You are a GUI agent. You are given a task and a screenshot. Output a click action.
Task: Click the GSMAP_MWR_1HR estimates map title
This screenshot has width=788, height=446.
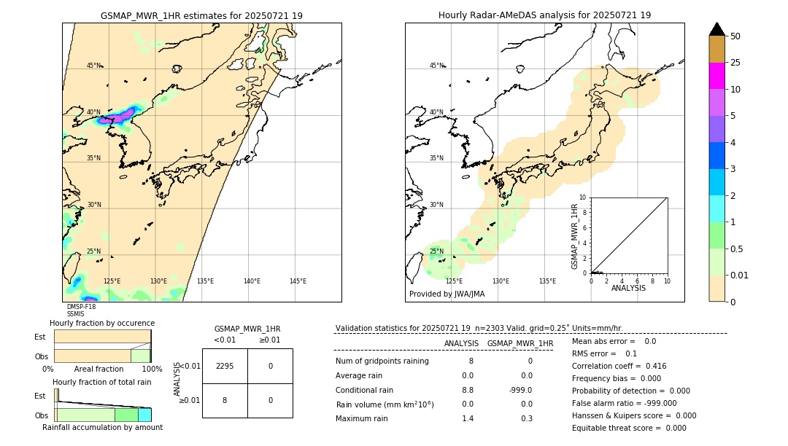click(x=201, y=15)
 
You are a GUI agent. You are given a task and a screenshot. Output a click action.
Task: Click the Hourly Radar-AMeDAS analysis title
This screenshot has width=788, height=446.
click(x=544, y=15)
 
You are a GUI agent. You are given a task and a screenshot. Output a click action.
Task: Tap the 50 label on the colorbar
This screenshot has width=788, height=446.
click(x=735, y=36)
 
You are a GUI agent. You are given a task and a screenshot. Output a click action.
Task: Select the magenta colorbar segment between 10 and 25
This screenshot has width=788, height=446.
click(x=716, y=77)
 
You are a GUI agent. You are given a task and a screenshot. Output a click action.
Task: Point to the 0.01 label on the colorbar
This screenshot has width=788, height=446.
click(x=740, y=275)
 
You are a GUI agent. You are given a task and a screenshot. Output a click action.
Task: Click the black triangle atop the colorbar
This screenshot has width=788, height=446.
click(x=716, y=29)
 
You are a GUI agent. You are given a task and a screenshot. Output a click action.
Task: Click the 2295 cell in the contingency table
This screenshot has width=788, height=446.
click(x=225, y=366)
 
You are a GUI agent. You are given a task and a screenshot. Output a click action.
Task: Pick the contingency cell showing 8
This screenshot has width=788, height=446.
click(x=225, y=400)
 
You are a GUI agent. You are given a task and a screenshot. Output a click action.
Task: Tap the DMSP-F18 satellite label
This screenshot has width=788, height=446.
click(x=81, y=307)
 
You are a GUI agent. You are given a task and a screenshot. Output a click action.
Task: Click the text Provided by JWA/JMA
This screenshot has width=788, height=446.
click(x=447, y=294)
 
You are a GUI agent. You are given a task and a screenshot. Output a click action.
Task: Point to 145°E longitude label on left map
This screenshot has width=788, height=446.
click(x=298, y=281)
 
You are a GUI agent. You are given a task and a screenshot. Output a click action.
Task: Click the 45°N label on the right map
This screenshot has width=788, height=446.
click(x=436, y=66)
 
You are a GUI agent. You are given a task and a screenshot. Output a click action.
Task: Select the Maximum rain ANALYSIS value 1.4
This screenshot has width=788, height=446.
click(x=468, y=418)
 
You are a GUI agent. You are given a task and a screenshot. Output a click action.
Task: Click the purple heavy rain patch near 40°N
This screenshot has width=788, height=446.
click(x=121, y=116)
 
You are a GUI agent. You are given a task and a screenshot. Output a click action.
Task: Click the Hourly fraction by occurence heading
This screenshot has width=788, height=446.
click(x=101, y=323)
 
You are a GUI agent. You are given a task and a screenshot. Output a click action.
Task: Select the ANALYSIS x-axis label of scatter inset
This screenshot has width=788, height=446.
click(x=628, y=288)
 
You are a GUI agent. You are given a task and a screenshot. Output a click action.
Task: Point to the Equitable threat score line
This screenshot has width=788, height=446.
click(x=629, y=428)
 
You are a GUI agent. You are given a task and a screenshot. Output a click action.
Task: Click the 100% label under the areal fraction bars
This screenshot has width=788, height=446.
click(x=152, y=369)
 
